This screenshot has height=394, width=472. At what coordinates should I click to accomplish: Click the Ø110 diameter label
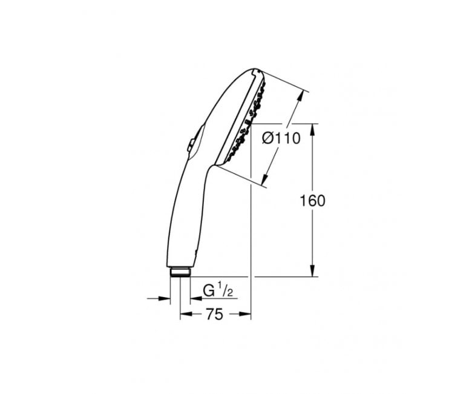pyautogui.click(x=281, y=139)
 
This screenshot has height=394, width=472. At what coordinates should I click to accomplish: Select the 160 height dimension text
pyautogui.click(x=312, y=201)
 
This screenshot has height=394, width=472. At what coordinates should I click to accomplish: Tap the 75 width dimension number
pyautogui.click(x=215, y=315)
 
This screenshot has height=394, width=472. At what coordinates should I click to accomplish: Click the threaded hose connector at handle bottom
pyautogui.click(x=180, y=272)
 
